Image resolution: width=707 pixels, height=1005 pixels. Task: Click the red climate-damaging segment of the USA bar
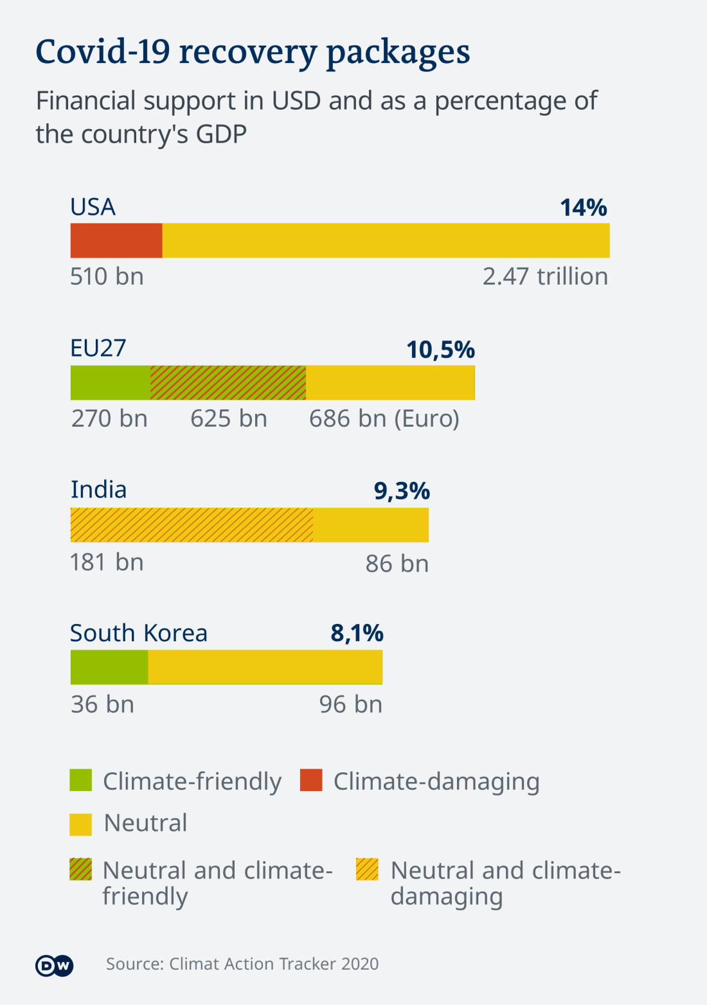coord(116,240)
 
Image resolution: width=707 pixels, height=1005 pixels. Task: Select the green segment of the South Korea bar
coord(109,667)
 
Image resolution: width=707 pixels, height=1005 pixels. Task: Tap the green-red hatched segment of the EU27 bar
coord(228,383)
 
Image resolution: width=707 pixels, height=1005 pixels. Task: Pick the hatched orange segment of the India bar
coord(192,525)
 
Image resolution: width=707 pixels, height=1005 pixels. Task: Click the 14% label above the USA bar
coord(583,208)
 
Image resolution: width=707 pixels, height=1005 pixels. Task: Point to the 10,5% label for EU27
coord(440,350)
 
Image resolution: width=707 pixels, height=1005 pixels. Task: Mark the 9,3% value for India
coord(402,491)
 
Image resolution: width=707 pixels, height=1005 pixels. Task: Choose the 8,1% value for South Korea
coord(357,633)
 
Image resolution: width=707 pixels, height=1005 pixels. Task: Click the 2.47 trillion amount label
coord(545,276)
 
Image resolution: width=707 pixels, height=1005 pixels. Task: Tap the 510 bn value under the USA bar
coord(107,276)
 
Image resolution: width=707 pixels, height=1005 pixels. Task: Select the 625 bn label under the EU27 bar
coord(229,418)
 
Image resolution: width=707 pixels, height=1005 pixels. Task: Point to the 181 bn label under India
coord(107,562)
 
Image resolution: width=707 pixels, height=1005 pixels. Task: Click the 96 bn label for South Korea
coord(350,704)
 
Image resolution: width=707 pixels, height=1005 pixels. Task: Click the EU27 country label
coord(98,348)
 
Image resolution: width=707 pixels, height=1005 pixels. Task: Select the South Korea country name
coord(139,633)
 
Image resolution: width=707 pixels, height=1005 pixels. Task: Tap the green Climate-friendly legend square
coord(81,780)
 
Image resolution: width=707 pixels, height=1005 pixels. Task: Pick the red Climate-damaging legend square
coord(311,780)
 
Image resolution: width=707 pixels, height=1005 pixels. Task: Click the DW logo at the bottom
coord(55,965)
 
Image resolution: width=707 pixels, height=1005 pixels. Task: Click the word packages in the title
coord(398,53)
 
